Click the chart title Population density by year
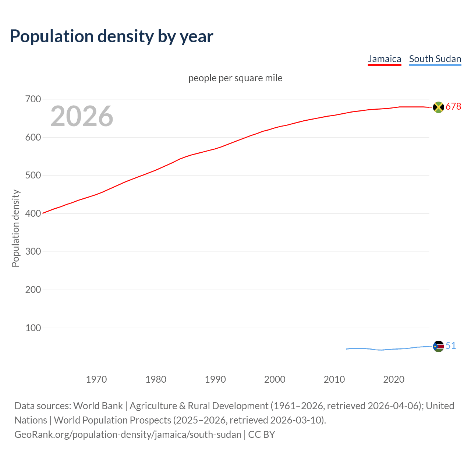coord(111,36)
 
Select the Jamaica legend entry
coord(385,59)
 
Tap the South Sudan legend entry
coord(435,59)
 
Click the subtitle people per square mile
coord(235,78)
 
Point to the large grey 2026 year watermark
coord(82,116)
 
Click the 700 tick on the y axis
coord(33,99)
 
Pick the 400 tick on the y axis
coord(33,213)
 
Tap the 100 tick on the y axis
coord(33,328)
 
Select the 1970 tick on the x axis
coord(96,379)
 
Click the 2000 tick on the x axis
coord(275,379)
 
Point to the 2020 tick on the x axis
coord(394,379)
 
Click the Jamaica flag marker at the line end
coord(438,107)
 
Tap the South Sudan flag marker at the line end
coord(438,346)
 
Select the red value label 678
coord(453,107)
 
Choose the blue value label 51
coord(451,346)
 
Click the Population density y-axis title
coord(15,228)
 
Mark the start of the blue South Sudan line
coord(347,349)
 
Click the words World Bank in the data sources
coord(98,406)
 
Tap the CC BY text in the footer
coord(262,435)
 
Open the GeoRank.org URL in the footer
coord(128,435)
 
